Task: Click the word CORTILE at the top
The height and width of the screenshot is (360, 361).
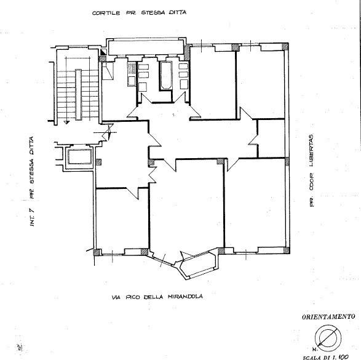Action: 106,13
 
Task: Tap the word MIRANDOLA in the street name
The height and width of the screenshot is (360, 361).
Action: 185,297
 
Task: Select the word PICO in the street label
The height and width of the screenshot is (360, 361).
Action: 133,297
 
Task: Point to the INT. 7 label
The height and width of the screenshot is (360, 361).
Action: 32,217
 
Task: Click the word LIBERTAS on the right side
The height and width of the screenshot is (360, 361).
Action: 312,150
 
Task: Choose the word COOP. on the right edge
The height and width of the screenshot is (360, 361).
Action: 312,182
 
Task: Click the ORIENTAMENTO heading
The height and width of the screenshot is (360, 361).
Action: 328,317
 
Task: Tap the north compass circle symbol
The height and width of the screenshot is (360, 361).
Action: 328,338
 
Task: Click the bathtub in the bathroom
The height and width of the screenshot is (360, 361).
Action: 166,75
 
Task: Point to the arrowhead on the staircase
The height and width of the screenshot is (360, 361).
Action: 66,122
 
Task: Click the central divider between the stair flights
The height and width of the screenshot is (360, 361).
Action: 78,94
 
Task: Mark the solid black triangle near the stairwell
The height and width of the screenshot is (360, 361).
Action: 103,52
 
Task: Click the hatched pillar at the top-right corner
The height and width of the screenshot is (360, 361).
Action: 285,47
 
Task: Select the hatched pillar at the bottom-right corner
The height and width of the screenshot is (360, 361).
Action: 286,250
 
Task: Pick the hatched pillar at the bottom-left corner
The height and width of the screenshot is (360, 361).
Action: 97,252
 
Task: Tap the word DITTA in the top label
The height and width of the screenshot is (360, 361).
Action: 178,12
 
